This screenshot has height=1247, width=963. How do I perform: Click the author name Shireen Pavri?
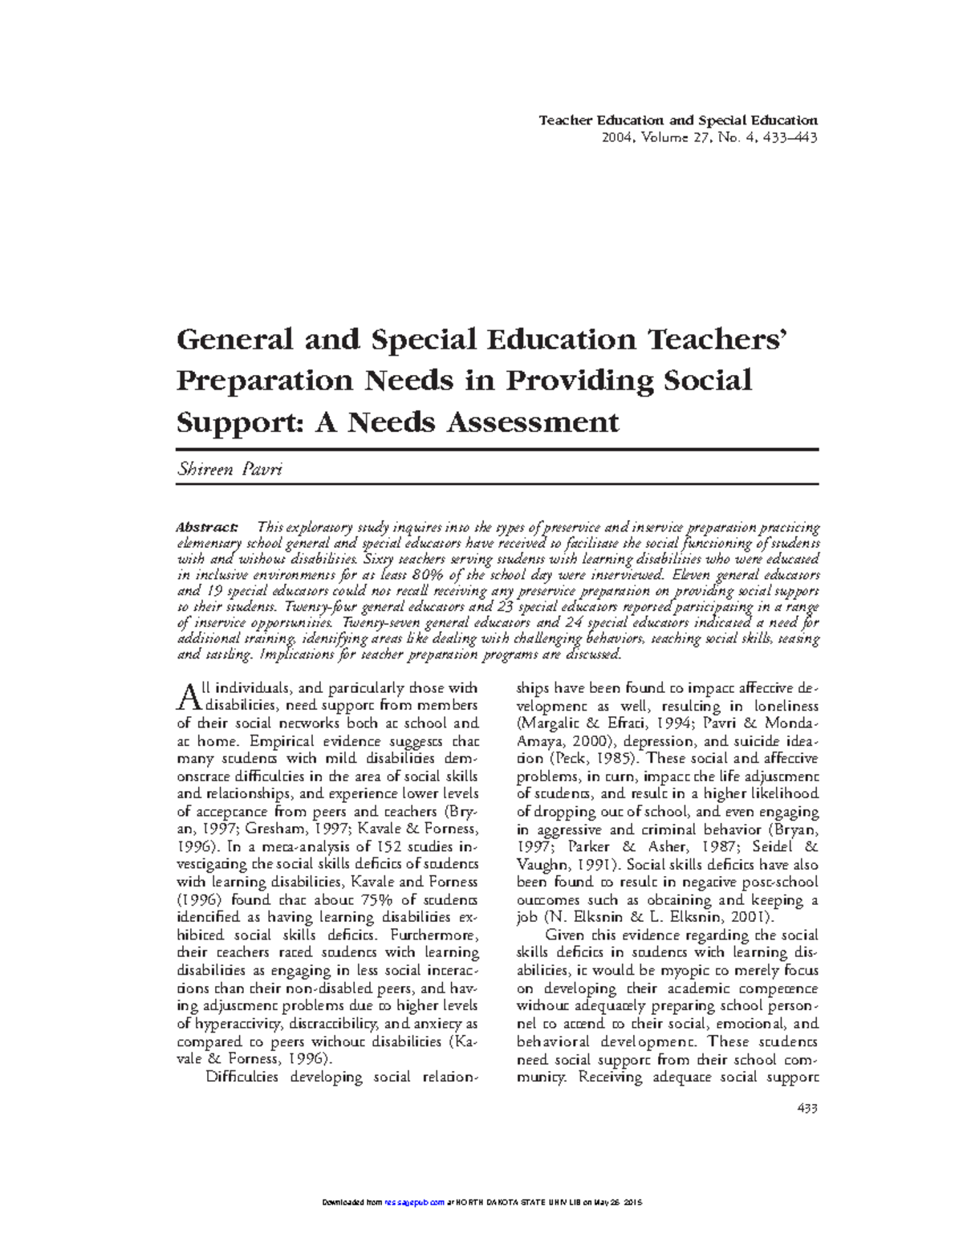click(x=229, y=469)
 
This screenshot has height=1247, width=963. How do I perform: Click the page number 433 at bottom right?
click(x=807, y=1109)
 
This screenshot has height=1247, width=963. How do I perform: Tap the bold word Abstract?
click(x=207, y=528)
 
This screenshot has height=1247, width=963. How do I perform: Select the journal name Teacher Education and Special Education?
click(x=678, y=120)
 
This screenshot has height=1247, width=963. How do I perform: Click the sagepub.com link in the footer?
click(x=414, y=1203)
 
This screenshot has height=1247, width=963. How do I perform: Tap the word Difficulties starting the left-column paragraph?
click(x=242, y=1077)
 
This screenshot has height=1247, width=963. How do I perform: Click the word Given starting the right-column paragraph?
click(x=565, y=935)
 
